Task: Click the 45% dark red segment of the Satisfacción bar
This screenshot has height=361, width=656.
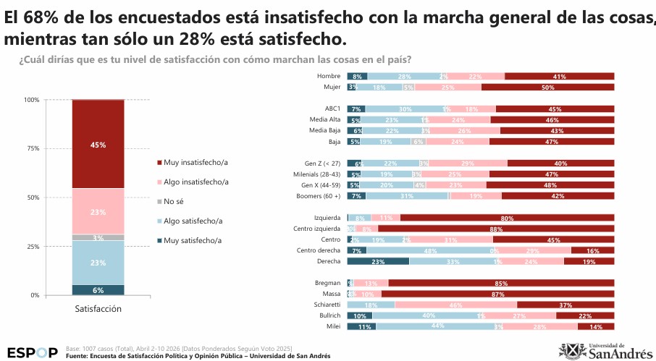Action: [98, 145]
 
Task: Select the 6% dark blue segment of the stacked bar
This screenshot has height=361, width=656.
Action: [98, 289]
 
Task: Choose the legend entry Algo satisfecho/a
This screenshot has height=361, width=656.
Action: [190, 221]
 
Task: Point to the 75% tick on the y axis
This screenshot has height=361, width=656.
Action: [33, 148]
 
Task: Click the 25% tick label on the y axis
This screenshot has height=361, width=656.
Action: [33, 247]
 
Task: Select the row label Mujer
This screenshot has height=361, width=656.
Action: [332, 87]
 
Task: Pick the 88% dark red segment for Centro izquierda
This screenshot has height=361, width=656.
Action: [496, 229]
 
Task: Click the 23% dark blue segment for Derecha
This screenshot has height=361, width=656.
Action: [378, 261]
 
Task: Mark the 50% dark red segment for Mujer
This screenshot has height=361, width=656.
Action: [547, 88]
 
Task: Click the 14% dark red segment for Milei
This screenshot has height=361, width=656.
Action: [596, 326]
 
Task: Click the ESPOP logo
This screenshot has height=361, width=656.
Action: [33, 352]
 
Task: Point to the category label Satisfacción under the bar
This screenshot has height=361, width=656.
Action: [98, 309]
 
